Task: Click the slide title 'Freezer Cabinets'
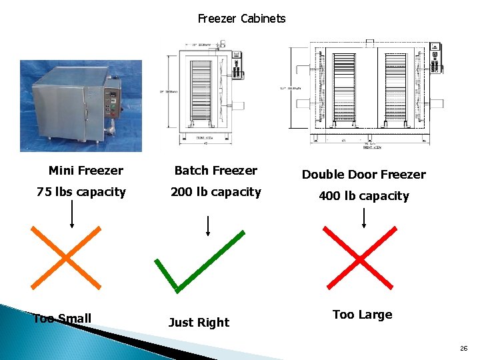click(241, 19)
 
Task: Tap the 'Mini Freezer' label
click(85, 171)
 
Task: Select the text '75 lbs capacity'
click(81, 192)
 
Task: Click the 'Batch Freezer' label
click(215, 171)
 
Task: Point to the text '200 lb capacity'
click(215, 192)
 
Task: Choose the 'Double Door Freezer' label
click(363, 175)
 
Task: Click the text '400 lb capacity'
click(363, 196)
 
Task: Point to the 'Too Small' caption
click(62, 319)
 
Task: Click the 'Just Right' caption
click(199, 323)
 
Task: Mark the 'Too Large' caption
click(362, 315)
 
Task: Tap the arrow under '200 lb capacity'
click(208, 225)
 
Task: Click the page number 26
click(463, 349)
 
